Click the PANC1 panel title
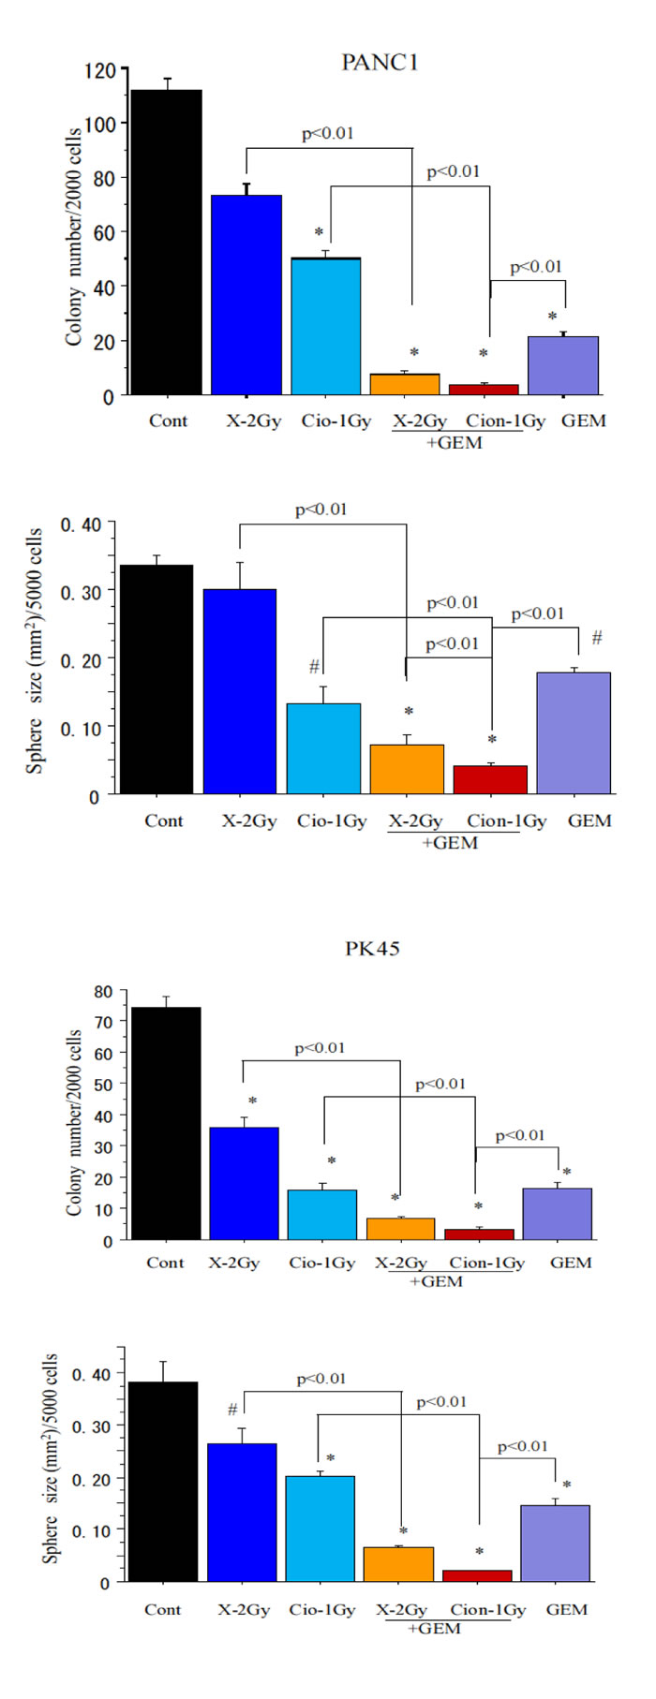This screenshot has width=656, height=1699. click(380, 63)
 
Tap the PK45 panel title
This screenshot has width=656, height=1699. click(372, 949)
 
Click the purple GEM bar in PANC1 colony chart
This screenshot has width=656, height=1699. click(562, 365)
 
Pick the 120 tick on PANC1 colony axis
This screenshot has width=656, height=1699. click(100, 70)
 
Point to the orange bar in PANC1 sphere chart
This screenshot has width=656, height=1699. click(407, 769)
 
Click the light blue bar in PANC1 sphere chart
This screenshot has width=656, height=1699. click(323, 748)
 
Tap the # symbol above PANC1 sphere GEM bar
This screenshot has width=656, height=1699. click(597, 639)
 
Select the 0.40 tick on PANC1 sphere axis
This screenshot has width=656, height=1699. click(81, 524)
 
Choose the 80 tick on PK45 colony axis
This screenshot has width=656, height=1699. click(103, 991)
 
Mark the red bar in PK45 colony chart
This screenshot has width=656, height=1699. click(479, 1234)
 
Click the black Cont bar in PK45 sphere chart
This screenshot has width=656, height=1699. click(163, 1482)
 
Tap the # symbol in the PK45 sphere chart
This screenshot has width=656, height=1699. click(232, 1411)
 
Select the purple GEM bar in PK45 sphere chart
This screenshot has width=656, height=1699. click(555, 1543)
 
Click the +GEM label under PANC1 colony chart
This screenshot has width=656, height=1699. click(455, 443)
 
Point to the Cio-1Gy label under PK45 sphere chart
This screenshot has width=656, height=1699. click(322, 1610)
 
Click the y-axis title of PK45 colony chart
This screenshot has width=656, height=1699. click(74, 1124)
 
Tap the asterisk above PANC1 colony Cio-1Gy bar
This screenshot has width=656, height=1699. click(319, 232)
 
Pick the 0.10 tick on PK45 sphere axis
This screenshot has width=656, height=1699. click(91, 1530)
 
